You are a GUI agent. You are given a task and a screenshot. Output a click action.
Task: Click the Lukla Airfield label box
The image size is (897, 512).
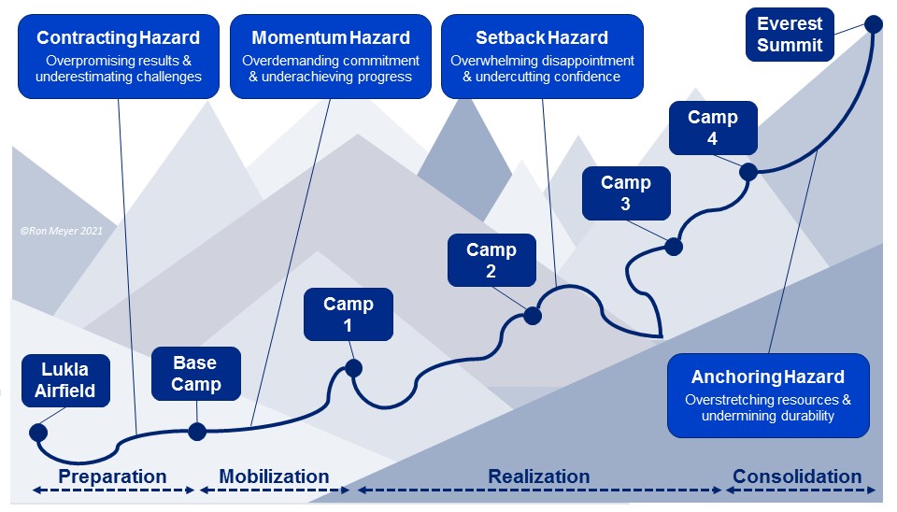point(64,378)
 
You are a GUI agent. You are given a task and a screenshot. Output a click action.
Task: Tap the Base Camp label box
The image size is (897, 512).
point(196,373)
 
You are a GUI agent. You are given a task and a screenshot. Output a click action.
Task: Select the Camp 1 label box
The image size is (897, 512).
point(349,315)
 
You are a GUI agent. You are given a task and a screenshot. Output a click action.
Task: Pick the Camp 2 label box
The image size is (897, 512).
point(491,261)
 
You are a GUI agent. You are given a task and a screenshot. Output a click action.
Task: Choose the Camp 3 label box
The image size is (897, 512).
point(625,194)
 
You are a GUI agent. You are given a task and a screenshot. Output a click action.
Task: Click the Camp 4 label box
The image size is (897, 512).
point(713,129)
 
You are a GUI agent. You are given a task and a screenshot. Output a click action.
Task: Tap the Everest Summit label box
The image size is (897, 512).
point(790,34)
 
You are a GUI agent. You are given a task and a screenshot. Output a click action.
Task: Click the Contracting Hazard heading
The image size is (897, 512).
point(118,38)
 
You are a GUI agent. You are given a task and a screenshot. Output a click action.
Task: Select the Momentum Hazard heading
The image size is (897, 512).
point(331,38)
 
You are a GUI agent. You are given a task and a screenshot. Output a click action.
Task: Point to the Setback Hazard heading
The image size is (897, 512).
point(542,38)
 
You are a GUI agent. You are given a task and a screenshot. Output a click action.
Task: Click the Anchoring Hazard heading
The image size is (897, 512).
point(768,377)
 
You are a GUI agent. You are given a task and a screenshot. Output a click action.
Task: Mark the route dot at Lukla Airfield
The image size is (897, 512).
point(38,432)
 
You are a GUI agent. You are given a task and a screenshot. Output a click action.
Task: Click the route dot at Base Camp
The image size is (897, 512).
point(197,431)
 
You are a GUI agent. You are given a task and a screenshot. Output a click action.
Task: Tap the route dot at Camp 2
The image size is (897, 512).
point(533,316)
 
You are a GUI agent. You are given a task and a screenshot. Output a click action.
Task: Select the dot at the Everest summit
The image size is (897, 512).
point(874,24)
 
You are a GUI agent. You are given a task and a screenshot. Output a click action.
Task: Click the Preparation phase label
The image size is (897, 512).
point(112,476)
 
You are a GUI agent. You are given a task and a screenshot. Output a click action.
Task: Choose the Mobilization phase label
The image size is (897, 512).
point(274,476)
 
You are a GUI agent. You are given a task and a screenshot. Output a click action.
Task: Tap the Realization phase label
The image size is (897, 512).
point(539,476)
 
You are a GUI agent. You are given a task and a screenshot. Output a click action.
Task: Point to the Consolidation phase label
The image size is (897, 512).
point(797,476)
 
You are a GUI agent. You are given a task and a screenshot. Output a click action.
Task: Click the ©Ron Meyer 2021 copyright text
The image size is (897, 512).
point(60,229)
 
